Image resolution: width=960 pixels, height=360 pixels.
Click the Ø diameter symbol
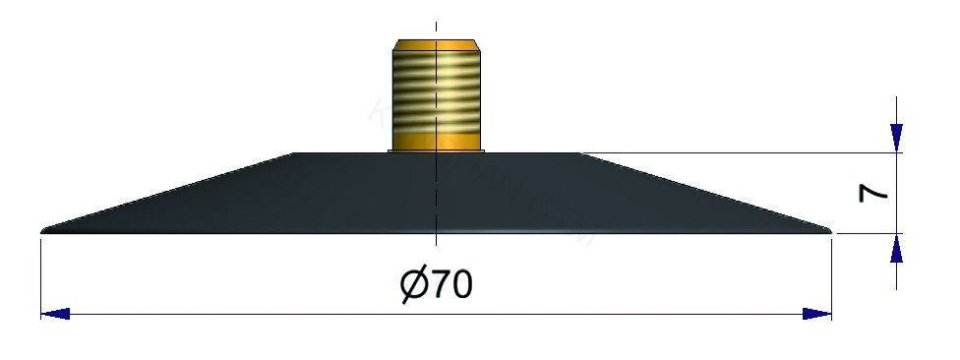[414, 285]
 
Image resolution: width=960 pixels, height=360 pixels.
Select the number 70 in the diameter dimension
[451, 285]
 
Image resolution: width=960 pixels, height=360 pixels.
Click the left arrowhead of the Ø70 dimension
[55, 314]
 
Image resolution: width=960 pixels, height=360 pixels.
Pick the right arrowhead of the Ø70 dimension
[817, 314]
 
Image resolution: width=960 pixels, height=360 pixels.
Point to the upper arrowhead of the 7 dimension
[896, 139]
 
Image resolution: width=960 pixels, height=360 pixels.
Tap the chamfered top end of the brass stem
[435, 45]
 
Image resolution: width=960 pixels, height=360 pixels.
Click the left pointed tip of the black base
[45, 231]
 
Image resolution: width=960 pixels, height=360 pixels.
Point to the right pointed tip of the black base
[828, 231]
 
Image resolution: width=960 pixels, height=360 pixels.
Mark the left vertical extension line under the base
[40, 275]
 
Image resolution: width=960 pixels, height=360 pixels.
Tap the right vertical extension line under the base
[832, 275]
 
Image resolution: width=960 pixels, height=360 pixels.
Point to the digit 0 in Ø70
[462, 285]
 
